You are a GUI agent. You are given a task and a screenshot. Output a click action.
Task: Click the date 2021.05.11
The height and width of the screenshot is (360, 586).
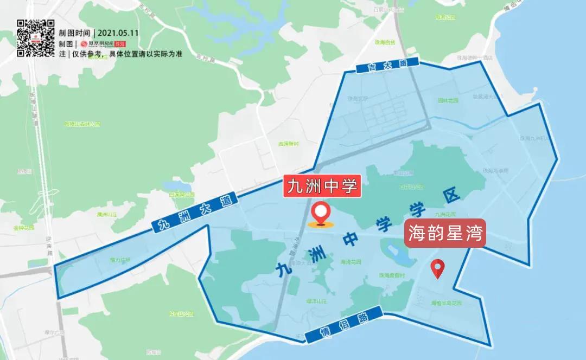pos(120,33)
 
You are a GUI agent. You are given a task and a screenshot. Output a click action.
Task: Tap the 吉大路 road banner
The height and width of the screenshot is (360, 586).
pos(388,65)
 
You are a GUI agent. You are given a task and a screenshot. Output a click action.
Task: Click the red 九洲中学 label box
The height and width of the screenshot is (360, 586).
pos(322,187)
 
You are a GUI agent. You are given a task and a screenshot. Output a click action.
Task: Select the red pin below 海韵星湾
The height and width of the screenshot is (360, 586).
pos(437,269)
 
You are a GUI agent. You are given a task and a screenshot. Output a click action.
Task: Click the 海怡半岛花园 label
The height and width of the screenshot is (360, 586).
pos(446,303)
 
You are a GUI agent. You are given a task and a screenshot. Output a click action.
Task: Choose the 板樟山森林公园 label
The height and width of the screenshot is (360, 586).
pos(82,124)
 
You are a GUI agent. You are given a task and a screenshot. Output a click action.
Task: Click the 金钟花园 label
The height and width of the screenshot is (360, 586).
pos(24,228)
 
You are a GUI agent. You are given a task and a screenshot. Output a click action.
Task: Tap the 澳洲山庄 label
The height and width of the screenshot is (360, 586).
pos(107,215)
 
